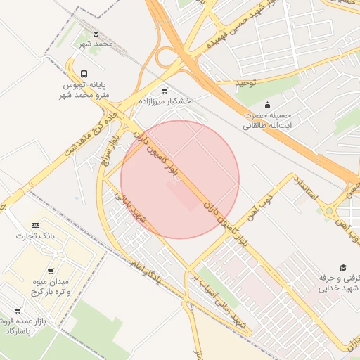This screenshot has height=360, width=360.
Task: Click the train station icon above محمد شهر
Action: click(x=96, y=32)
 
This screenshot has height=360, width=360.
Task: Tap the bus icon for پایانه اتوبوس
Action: click(x=84, y=75)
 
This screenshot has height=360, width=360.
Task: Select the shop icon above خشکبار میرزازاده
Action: click(x=165, y=91)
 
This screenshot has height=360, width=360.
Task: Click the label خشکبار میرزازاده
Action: click(x=165, y=101)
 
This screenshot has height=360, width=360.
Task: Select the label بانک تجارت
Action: click(x=35, y=236)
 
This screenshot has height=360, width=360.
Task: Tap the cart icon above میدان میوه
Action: click(x=50, y=271)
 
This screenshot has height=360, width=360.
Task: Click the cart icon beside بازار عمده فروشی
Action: click(x=18, y=310)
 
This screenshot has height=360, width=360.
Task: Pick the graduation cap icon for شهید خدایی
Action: click(x=343, y=267)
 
